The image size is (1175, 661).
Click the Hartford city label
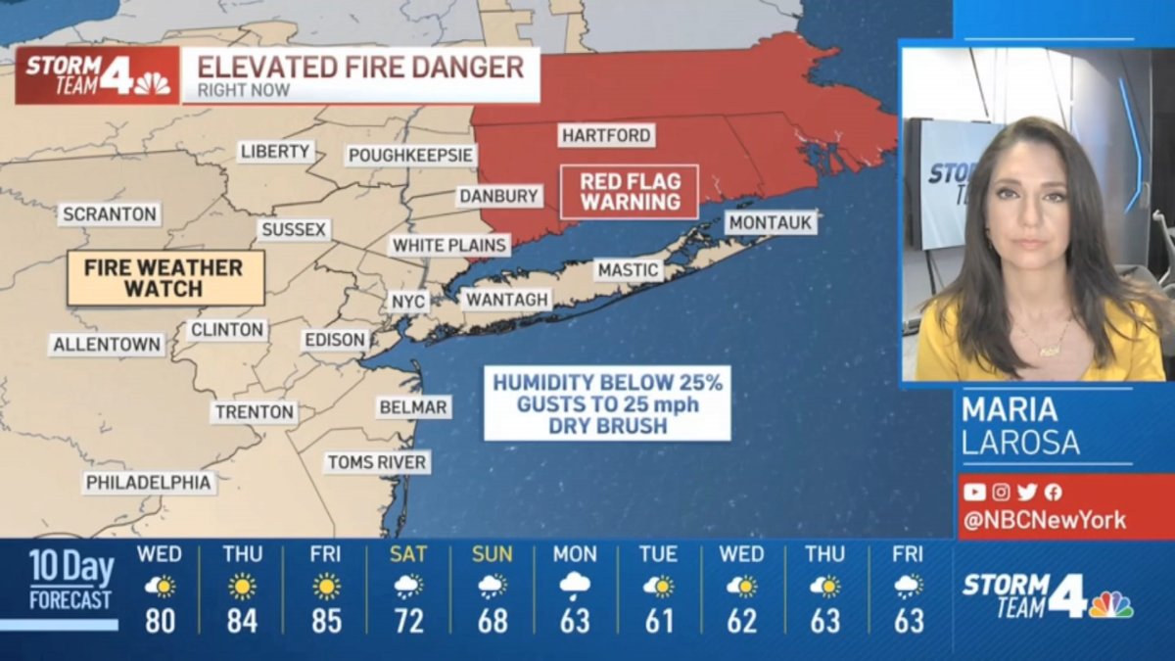(x=606, y=136)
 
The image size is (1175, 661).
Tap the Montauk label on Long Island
(x=771, y=223)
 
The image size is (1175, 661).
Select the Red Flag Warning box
(x=629, y=192)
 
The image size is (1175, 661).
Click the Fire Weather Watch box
(x=164, y=278)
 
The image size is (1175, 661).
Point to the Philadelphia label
(x=148, y=483)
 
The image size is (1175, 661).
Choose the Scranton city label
(x=109, y=214)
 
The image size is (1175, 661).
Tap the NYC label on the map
(x=408, y=302)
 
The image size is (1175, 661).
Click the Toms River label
(x=377, y=462)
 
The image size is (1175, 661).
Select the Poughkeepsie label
(x=411, y=156)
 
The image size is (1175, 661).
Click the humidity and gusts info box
(x=607, y=403)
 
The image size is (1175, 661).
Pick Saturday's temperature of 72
(x=408, y=621)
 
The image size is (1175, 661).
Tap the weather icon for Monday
(x=575, y=586)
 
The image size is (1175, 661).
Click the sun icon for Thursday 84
(x=242, y=587)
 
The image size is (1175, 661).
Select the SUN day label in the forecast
(x=492, y=554)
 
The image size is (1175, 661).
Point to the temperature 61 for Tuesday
(x=658, y=621)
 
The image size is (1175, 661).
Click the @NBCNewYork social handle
(x=1044, y=520)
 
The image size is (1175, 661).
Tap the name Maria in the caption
(x=1010, y=409)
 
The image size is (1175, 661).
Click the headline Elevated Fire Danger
(x=360, y=68)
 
